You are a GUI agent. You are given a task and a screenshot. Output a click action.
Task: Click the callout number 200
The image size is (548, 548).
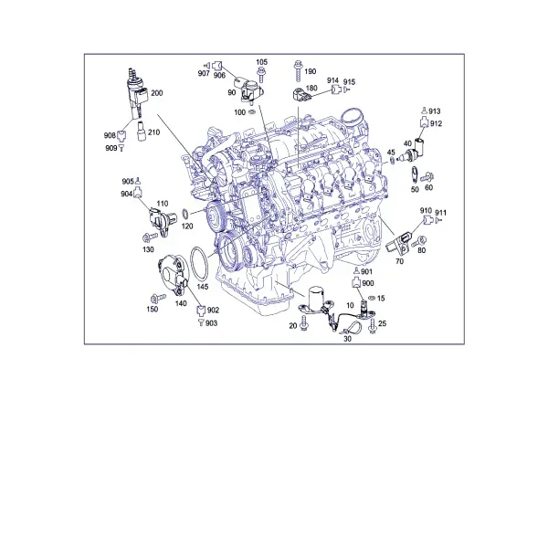pos(157,93)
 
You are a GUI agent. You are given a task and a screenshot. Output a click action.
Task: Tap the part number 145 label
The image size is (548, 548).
pos(203,287)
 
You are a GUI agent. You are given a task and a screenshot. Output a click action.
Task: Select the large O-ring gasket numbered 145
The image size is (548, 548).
pos(198,264)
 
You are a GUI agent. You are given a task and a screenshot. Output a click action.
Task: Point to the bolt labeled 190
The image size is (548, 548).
pos(298,71)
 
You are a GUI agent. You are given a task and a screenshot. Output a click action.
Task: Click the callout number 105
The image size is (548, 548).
pos(261,62)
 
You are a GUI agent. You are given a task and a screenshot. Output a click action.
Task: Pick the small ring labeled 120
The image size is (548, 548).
pos(186,212)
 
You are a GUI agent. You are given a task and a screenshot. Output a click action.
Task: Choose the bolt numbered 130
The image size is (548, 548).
pos(151,237)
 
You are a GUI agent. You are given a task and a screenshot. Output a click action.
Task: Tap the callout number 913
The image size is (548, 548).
pos(435,111)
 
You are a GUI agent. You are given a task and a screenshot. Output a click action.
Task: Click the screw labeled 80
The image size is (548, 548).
pos(418,241)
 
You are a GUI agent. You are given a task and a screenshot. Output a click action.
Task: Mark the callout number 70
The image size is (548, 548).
pos(399,261)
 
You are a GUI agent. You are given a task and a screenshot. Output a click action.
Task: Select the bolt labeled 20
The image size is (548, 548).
pos(304,323)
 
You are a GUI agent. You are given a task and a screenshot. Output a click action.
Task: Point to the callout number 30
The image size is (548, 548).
pos(347,339)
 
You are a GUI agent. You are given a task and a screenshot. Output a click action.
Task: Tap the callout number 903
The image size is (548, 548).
pos(212,323)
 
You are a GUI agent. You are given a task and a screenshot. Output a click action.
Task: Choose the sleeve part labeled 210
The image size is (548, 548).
pos(141,131)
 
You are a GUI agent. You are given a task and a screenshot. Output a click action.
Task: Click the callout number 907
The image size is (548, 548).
pos(204,73)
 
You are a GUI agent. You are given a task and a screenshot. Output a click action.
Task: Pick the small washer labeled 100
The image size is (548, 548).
pos(252,112)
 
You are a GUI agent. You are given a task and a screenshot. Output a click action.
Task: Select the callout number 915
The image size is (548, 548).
pos(349,82)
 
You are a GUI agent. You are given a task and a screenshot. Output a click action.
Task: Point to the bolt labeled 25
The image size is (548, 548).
pos(373,326)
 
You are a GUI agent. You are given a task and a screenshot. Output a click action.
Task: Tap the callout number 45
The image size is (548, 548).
pos(391,153)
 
